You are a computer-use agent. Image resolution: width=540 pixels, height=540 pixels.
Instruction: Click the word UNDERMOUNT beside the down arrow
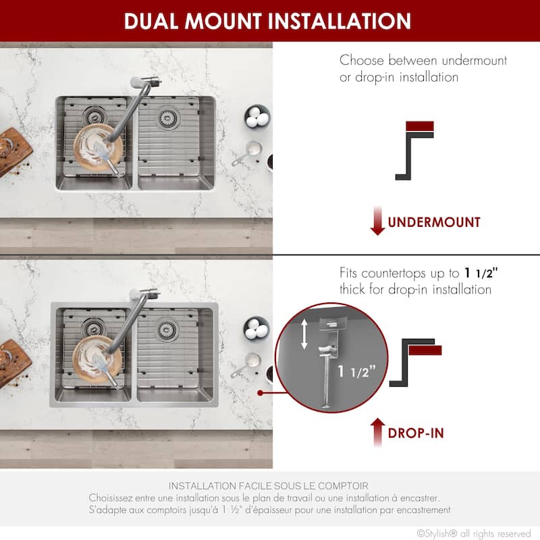click(434, 222)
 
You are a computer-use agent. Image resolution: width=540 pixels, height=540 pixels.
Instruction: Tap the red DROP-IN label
click(416, 433)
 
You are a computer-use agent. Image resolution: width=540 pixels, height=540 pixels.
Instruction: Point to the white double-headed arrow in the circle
click(304, 334)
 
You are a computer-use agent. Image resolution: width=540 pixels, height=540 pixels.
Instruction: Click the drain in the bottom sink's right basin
click(167, 330)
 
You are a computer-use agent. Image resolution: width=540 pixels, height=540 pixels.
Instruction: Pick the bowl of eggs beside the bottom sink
click(256, 328)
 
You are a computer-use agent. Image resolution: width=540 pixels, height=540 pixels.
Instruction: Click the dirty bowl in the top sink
click(97, 144)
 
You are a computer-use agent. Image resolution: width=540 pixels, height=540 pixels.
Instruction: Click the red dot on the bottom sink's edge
click(260, 391)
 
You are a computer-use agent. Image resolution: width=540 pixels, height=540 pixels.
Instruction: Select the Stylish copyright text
click(474, 533)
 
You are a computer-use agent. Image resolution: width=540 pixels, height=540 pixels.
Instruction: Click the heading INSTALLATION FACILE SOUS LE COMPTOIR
click(269, 486)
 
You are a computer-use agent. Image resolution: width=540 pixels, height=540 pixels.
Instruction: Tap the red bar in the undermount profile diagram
click(419, 126)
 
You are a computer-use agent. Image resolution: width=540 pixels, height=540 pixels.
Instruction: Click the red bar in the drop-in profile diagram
click(426, 350)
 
